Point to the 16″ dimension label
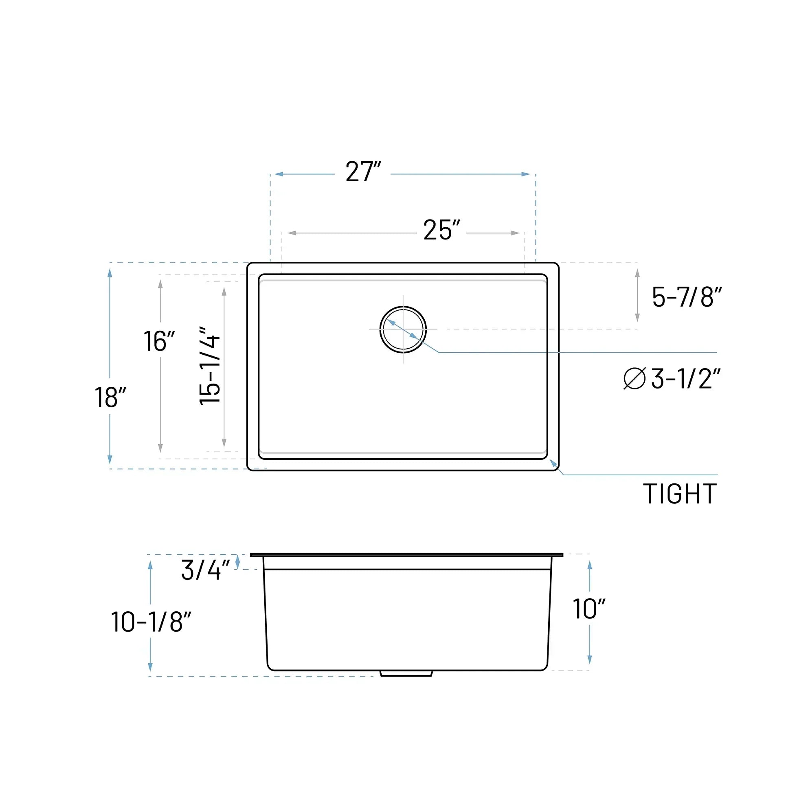point(159,341)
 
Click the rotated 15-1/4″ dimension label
point(209,366)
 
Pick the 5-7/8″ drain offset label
point(687,297)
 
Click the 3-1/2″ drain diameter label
point(686,378)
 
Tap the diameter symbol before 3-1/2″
point(635,378)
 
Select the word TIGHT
point(680,494)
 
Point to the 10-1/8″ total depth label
point(151,622)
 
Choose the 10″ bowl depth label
point(589,609)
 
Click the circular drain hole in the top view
point(403,329)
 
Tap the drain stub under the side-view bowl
point(406,673)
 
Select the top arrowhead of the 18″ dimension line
point(110,273)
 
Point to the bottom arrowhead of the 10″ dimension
point(590,659)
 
